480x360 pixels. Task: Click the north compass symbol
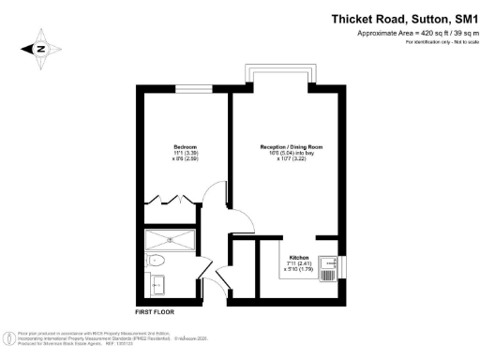tap(43, 50)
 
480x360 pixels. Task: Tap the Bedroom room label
tap(185, 146)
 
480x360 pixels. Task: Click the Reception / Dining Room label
tap(290, 147)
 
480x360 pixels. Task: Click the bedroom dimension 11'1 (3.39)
tap(185, 153)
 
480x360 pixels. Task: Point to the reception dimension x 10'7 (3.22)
tap(290, 160)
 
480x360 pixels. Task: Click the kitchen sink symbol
tap(327, 269)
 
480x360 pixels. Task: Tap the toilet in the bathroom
tap(157, 260)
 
